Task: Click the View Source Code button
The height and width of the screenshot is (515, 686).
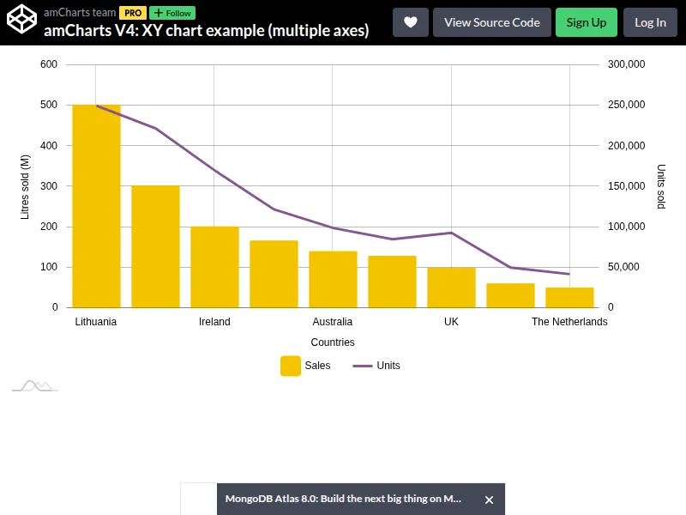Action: pos(492,22)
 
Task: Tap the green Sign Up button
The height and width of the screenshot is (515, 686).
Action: pos(587,22)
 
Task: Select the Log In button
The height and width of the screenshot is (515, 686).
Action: pos(650,22)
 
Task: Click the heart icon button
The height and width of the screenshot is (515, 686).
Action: pos(411,22)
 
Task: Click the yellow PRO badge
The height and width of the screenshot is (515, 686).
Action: pos(133,13)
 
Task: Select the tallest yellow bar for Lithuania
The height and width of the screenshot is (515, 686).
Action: pos(96,206)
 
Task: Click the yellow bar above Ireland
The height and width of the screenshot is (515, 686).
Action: pos(214,267)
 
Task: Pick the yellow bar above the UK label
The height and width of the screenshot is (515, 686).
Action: pos(451,287)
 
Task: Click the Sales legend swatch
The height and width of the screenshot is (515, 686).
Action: pos(291,366)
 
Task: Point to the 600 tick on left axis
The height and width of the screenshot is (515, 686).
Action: pos(49,64)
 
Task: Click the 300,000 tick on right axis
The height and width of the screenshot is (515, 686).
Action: pos(626,64)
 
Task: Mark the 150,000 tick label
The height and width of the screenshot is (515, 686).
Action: pos(626,186)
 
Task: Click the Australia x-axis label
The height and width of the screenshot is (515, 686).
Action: pos(333,322)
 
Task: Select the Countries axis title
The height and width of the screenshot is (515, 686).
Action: pos(333,342)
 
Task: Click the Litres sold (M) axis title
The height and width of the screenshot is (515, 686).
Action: pos(25,186)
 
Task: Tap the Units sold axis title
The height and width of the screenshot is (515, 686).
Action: pos(660,186)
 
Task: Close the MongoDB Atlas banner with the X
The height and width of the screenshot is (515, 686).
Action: pos(489,500)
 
